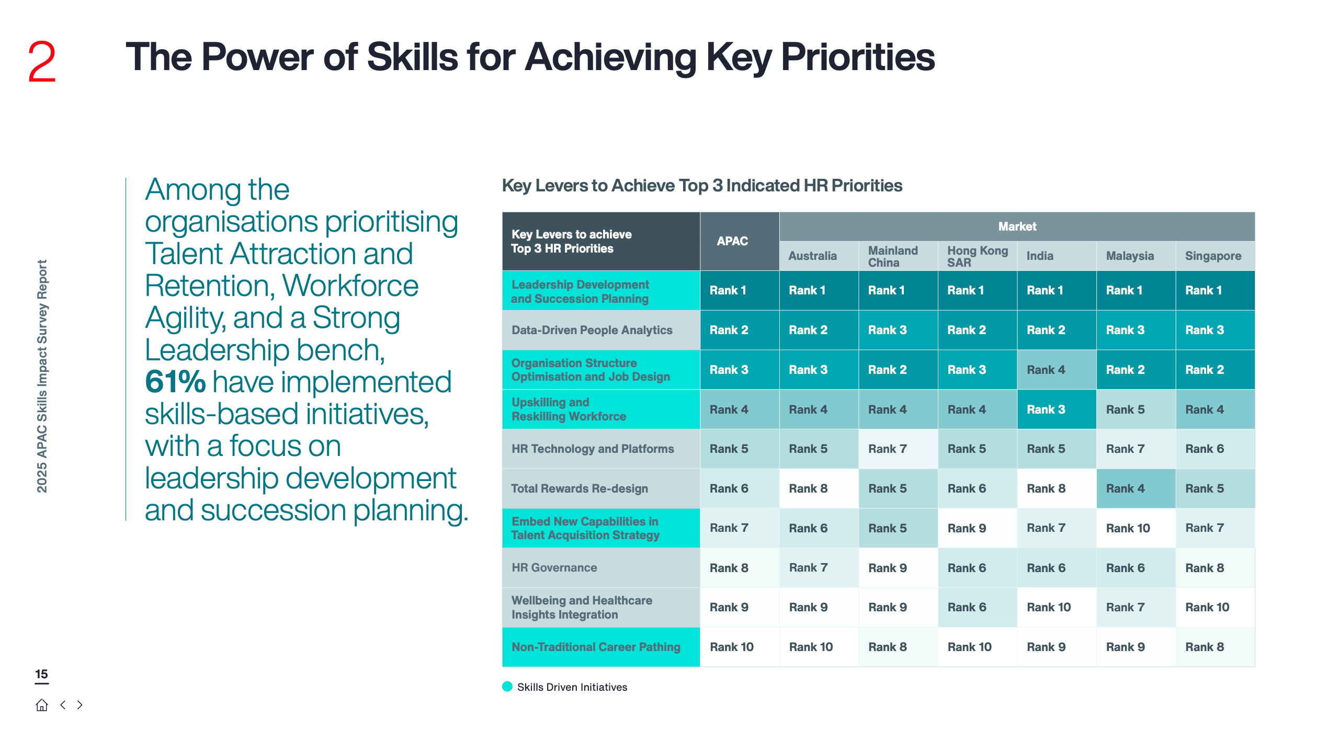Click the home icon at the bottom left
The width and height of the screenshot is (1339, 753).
[42, 705]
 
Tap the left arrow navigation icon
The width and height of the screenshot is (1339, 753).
[63, 705]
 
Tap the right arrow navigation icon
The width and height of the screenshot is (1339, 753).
[80, 705]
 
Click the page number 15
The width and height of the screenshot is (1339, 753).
[41, 675]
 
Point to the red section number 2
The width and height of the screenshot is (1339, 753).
[41, 62]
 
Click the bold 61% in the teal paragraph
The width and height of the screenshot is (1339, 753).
[175, 382]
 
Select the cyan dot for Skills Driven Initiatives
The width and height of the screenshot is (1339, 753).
[507, 687]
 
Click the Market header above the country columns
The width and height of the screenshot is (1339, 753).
[1017, 227]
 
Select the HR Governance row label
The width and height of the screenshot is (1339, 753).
[554, 568]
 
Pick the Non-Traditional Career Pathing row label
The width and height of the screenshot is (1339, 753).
[596, 647]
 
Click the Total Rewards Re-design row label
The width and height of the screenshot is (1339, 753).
[580, 488]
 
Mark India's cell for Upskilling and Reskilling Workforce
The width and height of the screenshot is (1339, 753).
[1057, 409]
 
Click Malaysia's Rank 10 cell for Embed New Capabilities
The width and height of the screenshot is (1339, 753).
[1136, 528]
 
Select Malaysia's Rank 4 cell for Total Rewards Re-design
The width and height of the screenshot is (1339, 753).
[1136, 488]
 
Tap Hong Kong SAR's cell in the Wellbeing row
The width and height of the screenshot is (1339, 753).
[978, 608]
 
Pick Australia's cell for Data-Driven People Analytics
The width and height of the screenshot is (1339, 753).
[819, 330]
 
